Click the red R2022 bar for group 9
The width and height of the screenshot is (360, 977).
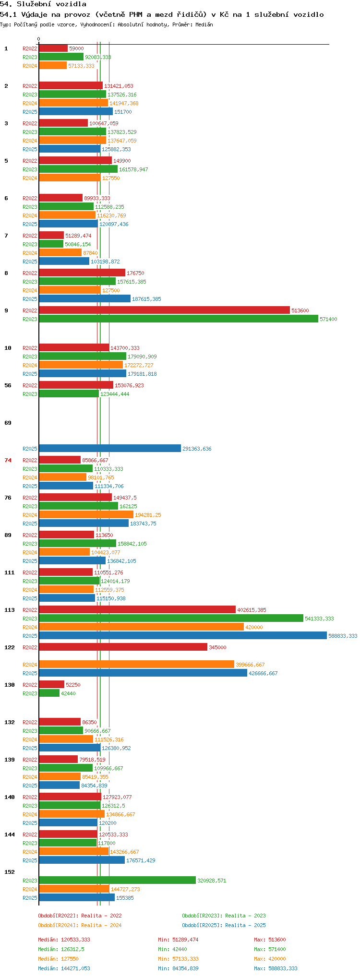tap(164, 310)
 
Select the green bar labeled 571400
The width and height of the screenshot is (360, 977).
tap(179, 319)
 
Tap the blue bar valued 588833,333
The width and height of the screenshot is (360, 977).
tap(183, 636)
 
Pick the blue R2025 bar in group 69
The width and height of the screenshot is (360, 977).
tap(110, 449)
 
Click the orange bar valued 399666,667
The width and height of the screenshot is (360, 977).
tap(136, 665)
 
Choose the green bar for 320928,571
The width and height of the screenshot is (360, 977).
tap(117, 881)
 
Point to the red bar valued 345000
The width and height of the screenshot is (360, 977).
tap(123, 647)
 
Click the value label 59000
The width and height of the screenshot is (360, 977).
tap(76, 48)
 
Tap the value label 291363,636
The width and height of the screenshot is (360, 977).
tap(197, 449)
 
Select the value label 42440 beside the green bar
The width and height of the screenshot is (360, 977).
tap(68, 693)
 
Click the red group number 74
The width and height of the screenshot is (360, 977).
tap(8, 460)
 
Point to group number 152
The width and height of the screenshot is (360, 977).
tap(10, 872)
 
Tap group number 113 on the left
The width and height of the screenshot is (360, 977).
tap(10, 610)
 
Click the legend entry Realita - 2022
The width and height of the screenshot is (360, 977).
tap(80, 916)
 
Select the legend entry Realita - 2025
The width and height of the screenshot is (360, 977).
tap(224, 925)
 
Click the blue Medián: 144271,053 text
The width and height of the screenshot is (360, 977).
tap(64, 968)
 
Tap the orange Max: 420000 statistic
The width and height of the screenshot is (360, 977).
tap(270, 959)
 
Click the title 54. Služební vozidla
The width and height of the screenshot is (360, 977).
tap(43, 4)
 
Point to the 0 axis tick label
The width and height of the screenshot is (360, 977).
tap(39, 39)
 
